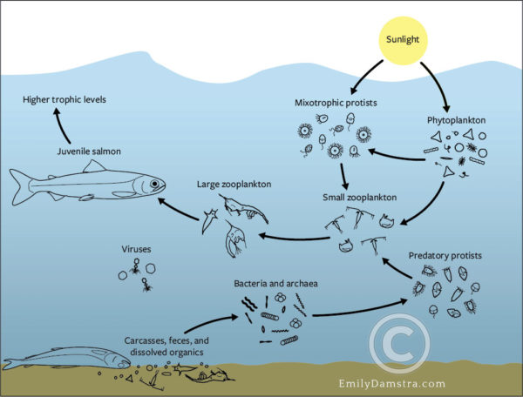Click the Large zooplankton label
(233, 184)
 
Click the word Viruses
(138, 250)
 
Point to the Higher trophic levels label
(64, 101)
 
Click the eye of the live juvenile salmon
(155, 185)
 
